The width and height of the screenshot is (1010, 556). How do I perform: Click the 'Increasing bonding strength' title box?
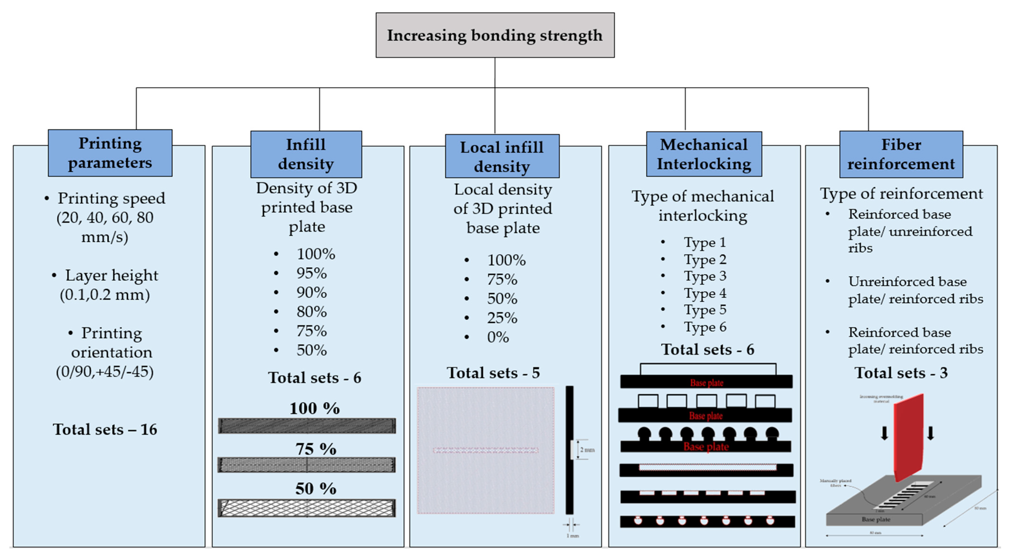[x=495, y=35]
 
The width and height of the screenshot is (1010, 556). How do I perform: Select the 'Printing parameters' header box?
[x=110, y=153]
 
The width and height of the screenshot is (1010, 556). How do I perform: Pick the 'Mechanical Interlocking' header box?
[x=704, y=154]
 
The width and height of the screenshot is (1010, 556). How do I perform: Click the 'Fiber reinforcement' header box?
[x=901, y=154]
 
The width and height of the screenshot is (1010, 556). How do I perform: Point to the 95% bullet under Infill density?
[x=311, y=273]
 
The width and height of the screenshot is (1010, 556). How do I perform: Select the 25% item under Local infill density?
[x=502, y=318]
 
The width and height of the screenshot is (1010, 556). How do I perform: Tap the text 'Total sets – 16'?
[x=105, y=430]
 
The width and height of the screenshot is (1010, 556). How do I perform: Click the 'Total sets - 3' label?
[x=901, y=373]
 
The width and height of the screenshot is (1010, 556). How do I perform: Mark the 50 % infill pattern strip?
[x=307, y=508]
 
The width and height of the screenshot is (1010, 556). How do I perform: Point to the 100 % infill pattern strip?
[x=307, y=426]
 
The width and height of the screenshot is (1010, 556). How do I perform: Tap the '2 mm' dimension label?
[x=587, y=450]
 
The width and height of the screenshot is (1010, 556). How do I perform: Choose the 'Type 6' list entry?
[x=705, y=327]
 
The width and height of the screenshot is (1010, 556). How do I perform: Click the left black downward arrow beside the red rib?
[x=885, y=433]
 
